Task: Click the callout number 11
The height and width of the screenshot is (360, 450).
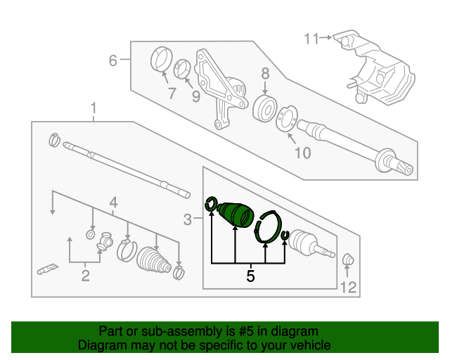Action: (x=311, y=39)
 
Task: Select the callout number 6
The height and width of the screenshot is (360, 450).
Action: (x=112, y=61)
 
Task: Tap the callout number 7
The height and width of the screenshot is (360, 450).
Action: (x=171, y=92)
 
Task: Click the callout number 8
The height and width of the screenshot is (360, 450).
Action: (x=264, y=73)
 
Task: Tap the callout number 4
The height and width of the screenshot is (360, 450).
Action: (x=112, y=205)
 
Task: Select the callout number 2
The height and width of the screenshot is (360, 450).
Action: (x=85, y=276)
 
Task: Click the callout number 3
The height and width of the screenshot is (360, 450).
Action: (x=187, y=221)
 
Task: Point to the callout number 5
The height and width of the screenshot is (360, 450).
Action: (x=250, y=276)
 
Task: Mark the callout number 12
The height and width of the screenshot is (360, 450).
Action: (x=349, y=286)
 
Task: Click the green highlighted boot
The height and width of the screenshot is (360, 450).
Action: (x=236, y=214)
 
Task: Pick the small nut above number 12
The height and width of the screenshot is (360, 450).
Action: (x=347, y=261)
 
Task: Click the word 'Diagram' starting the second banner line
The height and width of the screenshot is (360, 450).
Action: (x=98, y=345)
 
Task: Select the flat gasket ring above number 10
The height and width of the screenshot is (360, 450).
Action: (x=287, y=120)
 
